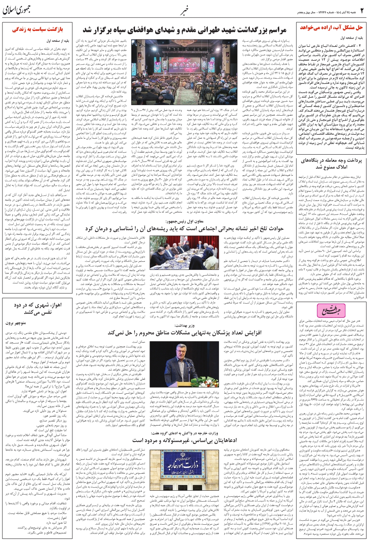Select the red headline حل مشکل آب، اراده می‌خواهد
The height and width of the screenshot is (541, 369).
point(331,28)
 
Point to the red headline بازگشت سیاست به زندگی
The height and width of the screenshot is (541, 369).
point(37,29)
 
